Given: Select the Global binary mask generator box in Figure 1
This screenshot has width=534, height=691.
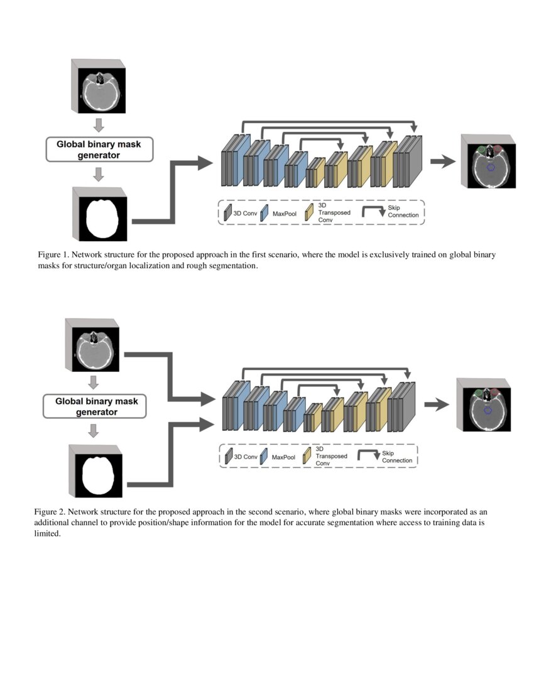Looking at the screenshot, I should point(99,150).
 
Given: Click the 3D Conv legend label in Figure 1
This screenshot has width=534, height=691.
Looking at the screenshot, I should point(245,214).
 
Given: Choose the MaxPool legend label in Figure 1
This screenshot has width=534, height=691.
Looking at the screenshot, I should point(284,214).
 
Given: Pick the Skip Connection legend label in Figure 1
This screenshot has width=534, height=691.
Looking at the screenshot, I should point(403,212).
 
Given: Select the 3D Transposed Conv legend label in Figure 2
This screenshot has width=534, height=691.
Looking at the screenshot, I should point(332,457).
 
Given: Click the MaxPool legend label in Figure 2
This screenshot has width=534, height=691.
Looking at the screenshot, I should point(283,457).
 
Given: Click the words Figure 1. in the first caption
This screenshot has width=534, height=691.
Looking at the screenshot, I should point(54,255).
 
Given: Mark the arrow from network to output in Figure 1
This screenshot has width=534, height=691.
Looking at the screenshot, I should point(443,161).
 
